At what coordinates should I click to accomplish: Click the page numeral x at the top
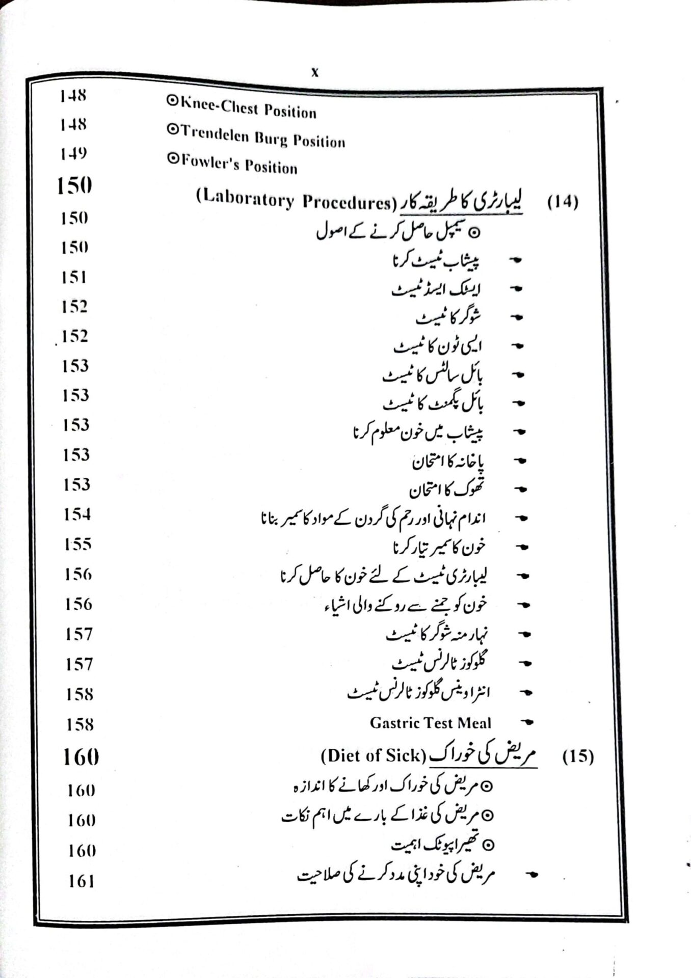click(x=314, y=73)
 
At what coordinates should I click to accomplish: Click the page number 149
click(x=73, y=154)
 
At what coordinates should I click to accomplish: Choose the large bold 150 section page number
click(x=74, y=186)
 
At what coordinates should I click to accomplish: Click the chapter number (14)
click(x=563, y=202)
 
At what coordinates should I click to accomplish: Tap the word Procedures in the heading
click(x=346, y=202)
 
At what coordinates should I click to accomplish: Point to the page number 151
click(x=74, y=278)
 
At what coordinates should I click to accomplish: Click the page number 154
click(x=77, y=514)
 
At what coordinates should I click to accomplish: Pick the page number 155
click(x=77, y=545)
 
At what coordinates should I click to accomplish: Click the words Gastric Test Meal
click(x=431, y=723)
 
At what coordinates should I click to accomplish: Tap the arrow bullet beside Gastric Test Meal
click(x=528, y=722)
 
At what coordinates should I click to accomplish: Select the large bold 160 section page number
click(x=81, y=757)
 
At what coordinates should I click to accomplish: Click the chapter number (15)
click(x=578, y=756)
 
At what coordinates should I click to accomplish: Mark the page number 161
click(x=82, y=881)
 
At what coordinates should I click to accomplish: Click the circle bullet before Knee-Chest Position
click(x=172, y=101)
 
